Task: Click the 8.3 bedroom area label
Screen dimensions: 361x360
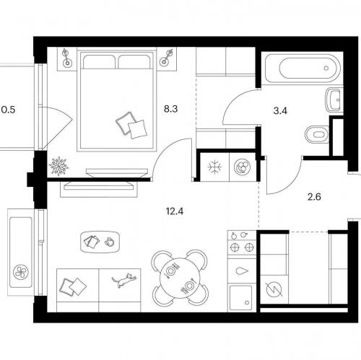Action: point(170,109)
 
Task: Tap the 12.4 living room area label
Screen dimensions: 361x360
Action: point(175,211)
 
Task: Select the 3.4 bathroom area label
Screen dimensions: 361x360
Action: point(280,111)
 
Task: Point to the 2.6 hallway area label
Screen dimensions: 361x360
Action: point(314,197)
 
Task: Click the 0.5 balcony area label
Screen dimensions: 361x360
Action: point(8,110)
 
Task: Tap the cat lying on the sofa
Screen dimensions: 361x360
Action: point(124,280)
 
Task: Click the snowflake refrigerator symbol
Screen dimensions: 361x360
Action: point(214,167)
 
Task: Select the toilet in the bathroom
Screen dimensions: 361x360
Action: point(316,134)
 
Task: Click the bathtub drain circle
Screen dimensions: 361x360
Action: point(326,69)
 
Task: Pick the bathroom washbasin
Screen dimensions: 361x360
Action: point(334,100)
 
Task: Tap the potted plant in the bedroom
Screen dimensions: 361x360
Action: point(58,166)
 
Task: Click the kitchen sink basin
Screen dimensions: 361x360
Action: point(240,298)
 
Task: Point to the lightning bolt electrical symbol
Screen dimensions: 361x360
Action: point(274,289)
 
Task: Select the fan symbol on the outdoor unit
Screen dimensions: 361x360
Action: point(21,272)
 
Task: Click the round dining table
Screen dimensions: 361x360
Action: point(180,278)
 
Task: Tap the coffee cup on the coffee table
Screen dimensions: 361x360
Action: point(109,242)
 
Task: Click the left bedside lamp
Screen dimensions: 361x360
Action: point(66,58)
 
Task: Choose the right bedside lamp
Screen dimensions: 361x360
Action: point(167,58)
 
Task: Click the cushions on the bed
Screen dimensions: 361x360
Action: point(131,125)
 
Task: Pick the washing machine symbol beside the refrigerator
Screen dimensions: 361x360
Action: point(243,167)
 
